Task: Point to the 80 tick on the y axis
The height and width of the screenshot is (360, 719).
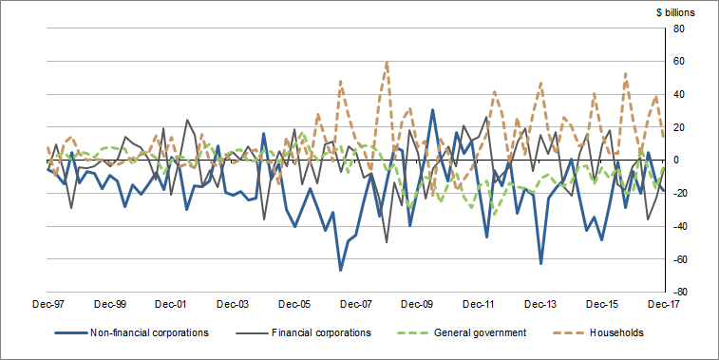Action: tap(680, 28)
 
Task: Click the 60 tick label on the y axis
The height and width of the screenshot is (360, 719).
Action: tap(680, 62)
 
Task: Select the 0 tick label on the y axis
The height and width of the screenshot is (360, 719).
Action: tap(682, 161)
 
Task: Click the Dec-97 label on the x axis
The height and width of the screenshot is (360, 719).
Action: tap(47, 305)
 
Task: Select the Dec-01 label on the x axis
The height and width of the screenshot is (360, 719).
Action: tap(172, 305)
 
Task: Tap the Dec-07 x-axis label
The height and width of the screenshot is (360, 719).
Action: tap(356, 305)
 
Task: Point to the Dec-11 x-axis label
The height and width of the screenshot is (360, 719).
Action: tap(480, 305)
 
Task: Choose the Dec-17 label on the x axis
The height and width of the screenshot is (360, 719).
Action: tap(664, 305)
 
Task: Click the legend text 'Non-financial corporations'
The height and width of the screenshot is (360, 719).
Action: tap(145, 333)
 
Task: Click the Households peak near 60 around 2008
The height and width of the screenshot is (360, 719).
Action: tap(387, 62)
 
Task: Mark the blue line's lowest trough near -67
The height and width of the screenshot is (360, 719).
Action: tap(341, 271)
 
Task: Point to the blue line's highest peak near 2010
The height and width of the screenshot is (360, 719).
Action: tap(433, 109)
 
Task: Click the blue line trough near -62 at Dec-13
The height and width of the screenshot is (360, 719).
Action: tap(540, 263)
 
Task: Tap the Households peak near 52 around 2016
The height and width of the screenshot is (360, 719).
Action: tap(625, 73)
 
